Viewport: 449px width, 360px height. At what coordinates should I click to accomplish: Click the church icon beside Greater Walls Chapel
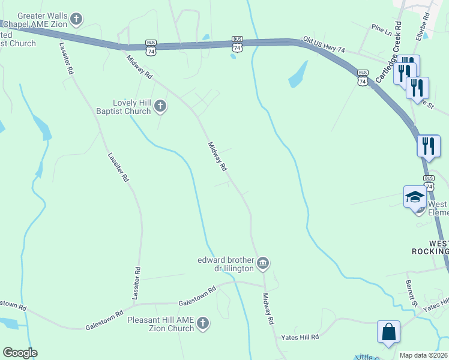point(76,20)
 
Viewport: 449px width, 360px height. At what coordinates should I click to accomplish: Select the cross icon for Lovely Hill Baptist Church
point(160,107)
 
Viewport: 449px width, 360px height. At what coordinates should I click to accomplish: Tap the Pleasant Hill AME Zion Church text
point(161,324)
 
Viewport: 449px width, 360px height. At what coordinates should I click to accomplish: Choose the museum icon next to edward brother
point(263,263)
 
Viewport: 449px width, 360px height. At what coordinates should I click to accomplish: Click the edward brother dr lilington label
point(226,264)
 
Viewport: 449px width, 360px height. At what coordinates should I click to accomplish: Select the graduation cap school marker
point(415,197)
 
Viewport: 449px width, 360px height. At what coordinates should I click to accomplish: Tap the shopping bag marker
point(388,332)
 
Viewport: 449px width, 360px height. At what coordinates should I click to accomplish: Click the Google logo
point(20,353)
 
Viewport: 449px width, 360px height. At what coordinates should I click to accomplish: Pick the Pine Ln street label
point(381,28)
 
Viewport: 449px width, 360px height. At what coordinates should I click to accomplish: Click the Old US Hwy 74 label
point(324,44)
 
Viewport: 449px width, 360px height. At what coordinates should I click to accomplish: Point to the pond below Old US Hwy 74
point(298,74)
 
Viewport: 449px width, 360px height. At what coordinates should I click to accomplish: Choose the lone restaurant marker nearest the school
point(428,145)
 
